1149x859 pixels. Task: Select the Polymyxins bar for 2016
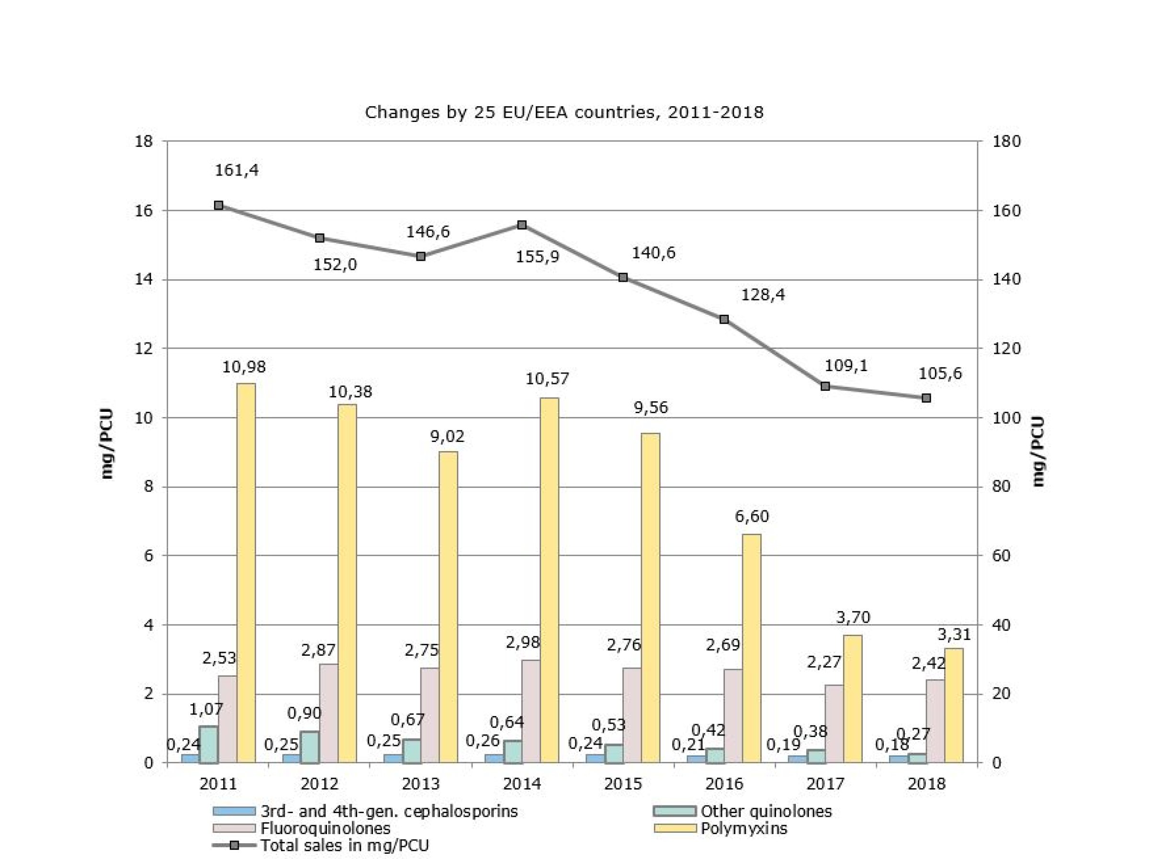point(752,648)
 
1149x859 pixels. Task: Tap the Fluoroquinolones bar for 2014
point(531,711)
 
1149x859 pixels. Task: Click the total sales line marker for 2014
point(522,225)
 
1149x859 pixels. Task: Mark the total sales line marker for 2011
point(219,206)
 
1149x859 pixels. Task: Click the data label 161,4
point(237,170)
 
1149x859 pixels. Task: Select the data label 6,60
point(752,517)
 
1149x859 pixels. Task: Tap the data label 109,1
point(846,366)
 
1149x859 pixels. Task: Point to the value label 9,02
point(447,436)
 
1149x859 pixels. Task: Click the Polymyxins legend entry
point(743,828)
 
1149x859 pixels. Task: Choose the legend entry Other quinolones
point(766,811)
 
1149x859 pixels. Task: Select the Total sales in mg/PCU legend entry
point(344,845)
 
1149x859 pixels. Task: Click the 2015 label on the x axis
point(623,784)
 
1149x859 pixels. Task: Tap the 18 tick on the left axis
point(144,141)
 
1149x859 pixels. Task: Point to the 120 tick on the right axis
point(1006,349)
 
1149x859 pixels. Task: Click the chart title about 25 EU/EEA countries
point(564,112)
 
